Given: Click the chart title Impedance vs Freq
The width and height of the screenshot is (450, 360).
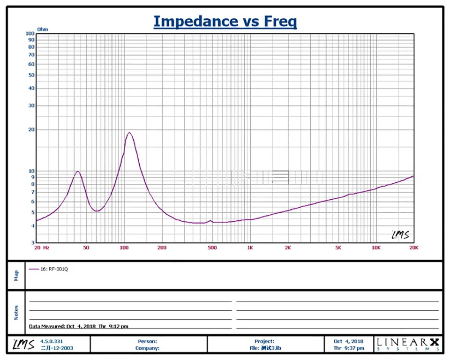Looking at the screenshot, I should (x=225, y=21).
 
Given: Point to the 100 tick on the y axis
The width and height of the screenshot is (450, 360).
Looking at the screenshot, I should (x=30, y=34).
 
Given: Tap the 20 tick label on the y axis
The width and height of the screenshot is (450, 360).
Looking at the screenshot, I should (x=31, y=130).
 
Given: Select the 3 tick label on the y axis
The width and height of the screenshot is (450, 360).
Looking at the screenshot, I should (x=33, y=243).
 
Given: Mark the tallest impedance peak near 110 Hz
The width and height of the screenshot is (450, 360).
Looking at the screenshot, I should (x=129, y=133).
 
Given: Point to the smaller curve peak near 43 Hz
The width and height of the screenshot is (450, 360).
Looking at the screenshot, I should (x=78, y=172).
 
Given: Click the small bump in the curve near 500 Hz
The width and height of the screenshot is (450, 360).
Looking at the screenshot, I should (x=210, y=220).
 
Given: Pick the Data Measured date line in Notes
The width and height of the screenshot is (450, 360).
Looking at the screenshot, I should (x=78, y=326).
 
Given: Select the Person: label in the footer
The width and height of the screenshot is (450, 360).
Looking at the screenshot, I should (x=147, y=341).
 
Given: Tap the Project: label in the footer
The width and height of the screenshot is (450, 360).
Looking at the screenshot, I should (x=265, y=341).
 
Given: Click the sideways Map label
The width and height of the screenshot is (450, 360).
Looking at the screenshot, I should (x=16, y=275).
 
